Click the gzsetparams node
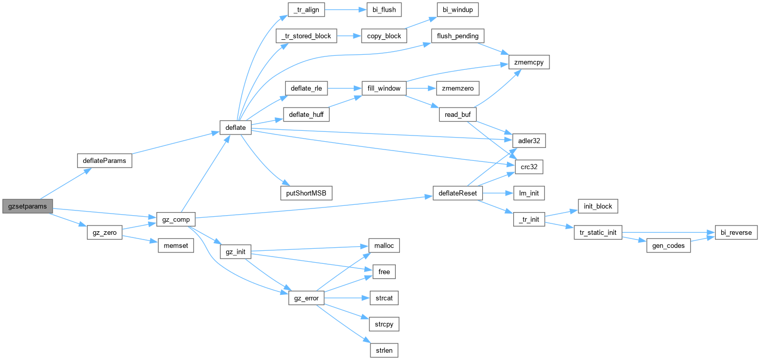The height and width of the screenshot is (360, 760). [27, 206]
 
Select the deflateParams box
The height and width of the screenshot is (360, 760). [104, 161]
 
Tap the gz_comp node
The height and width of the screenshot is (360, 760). [175, 220]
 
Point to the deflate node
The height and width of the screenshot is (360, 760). [235, 127]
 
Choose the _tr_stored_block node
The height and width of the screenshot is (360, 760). [307, 36]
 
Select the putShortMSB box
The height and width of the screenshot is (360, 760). [305, 193]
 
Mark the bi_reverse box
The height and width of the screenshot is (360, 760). [736, 233]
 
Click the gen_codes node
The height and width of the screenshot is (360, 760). [668, 246]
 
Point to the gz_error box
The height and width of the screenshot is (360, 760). [306, 298]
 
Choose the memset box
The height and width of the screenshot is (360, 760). [176, 246]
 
